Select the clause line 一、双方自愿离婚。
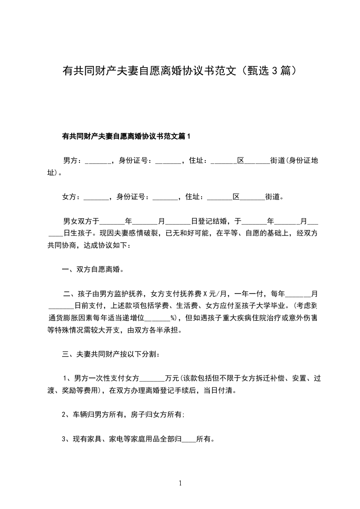(93, 269)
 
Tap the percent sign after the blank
(173, 318)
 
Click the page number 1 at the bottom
(180, 484)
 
